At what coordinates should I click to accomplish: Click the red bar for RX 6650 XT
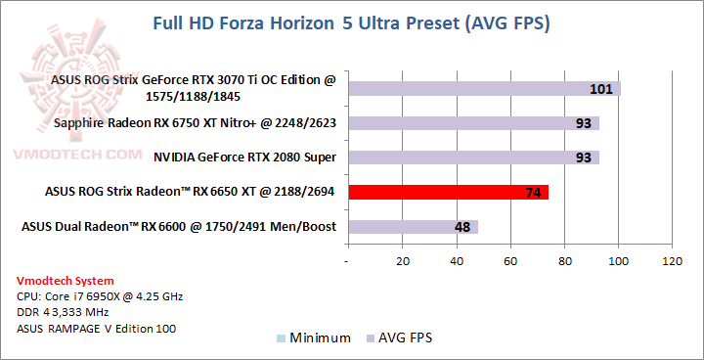pyautogui.click(x=447, y=192)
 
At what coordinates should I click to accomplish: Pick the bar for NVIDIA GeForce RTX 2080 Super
pyautogui.click(x=473, y=157)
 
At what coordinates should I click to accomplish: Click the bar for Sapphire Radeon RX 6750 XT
pyautogui.click(x=473, y=123)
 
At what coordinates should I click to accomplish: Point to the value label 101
pyautogui.click(x=601, y=90)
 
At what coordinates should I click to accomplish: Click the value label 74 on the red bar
pyautogui.click(x=533, y=193)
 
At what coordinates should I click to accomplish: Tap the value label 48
pyautogui.click(x=462, y=228)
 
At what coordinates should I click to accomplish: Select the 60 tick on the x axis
pyautogui.click(x=510, y=261)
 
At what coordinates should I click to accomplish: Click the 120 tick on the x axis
pyautogui.click(x=672, y=261)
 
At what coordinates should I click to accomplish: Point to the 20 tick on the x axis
pyautogui.click(x=403, y=261)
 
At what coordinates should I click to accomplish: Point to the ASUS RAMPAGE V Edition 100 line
pyautogui.click(x=97, y=329)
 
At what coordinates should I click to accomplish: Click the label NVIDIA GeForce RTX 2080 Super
pyautogui.click(x=244, y=157)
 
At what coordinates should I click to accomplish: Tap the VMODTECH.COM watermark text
pyautogui.click(x=73, y=154)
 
